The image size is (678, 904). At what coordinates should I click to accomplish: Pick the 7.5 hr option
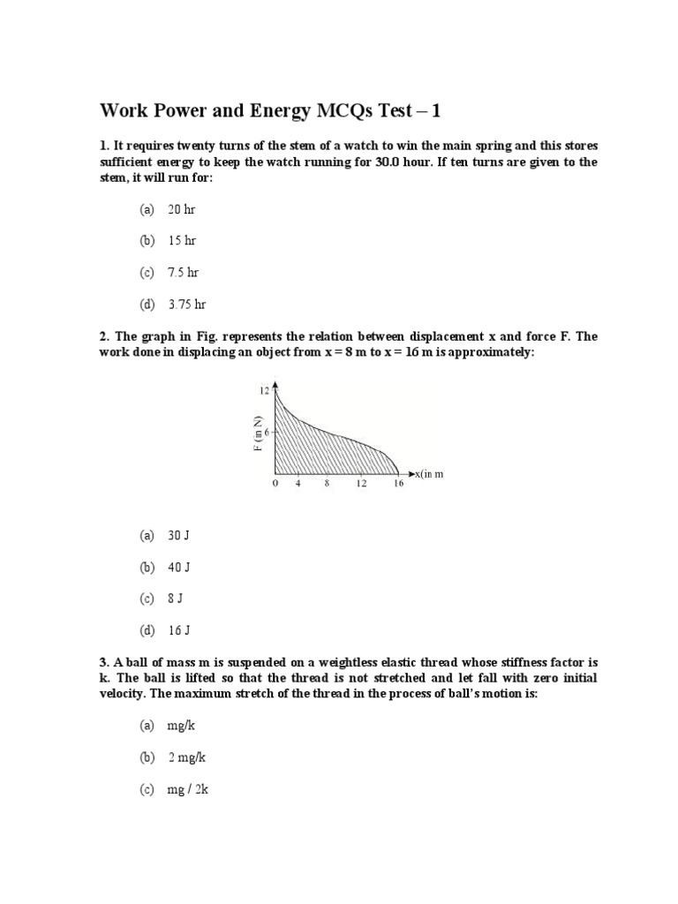[x=183, y=272]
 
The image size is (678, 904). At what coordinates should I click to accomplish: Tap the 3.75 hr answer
[x=186, y=304]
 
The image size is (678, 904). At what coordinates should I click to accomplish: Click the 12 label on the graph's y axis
[x=263, y=389]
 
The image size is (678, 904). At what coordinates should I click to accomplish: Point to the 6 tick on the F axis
[x=267, y=432]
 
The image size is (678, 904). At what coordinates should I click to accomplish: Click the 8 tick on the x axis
[x=327, y=485]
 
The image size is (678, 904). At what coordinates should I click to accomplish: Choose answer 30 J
[x=179, y=535]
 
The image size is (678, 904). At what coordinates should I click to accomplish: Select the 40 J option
[x=179, y=567]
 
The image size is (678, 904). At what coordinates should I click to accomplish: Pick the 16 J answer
[x=179, y=630]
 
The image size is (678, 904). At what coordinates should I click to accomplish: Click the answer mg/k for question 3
[x=180, y=726]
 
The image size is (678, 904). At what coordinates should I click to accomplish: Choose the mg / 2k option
[x=187, y=789]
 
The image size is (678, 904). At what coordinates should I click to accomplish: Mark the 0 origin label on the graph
[x=275, y=485]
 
